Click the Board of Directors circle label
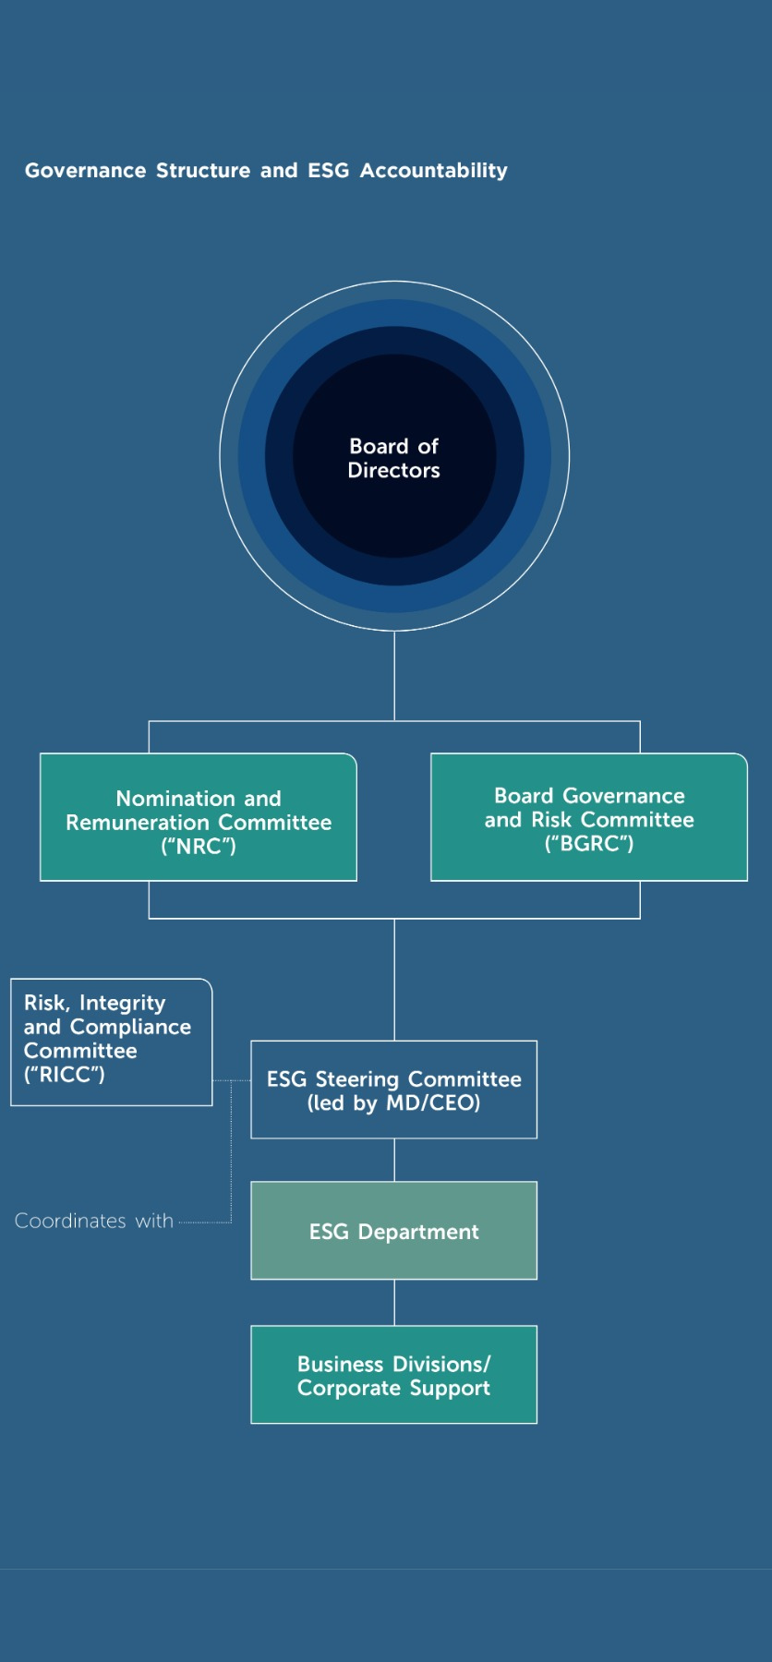(394, 458)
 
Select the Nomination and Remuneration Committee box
(199, 817)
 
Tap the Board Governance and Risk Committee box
(589, 817)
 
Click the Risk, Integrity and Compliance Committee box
(111, 1041)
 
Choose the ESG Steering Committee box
(394, 1090)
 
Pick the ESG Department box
(394, 1231)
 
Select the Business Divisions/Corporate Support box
(394, 1375)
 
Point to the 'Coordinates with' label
(94, 1221)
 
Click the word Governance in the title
(86, 171)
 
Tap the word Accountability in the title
(433, 171)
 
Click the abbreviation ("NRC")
(199, 847)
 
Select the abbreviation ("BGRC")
(589, 844)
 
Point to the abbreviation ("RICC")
(65, 1075)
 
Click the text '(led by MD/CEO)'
(394, 1103)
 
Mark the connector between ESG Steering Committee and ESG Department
(394, 1160)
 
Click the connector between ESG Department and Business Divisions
(394, 1302)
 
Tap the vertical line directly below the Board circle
(394, 674)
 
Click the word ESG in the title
(328, 171)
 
